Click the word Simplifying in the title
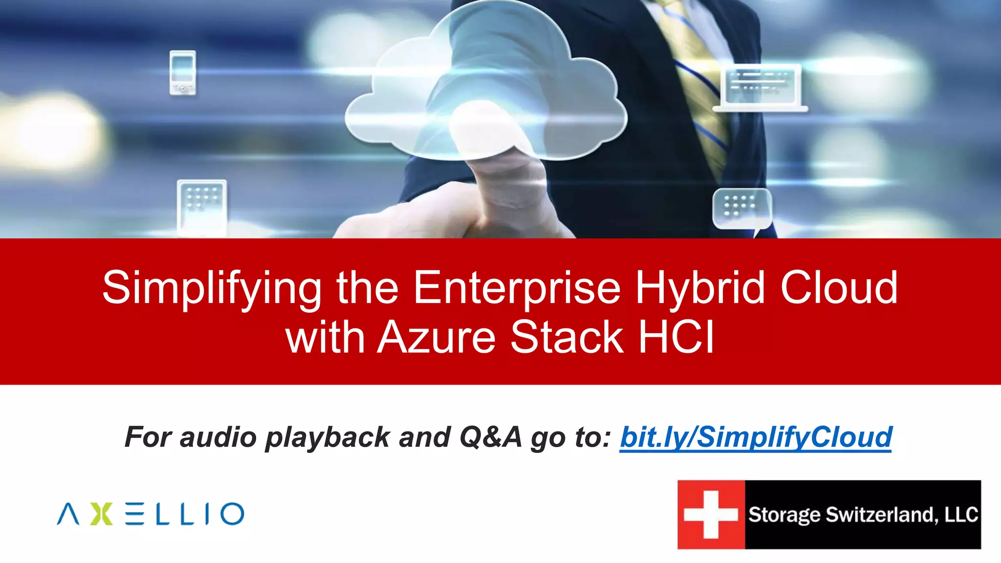(x=212, y=288)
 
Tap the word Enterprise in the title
(x=517, y=288)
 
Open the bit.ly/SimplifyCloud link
(x=756, y=437)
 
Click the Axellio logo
(x=151, y=514)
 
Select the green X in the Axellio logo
(x=102, y=514)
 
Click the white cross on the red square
(x=711, y=515)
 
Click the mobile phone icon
(x=183, y=72)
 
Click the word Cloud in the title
(x=839, y=288)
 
